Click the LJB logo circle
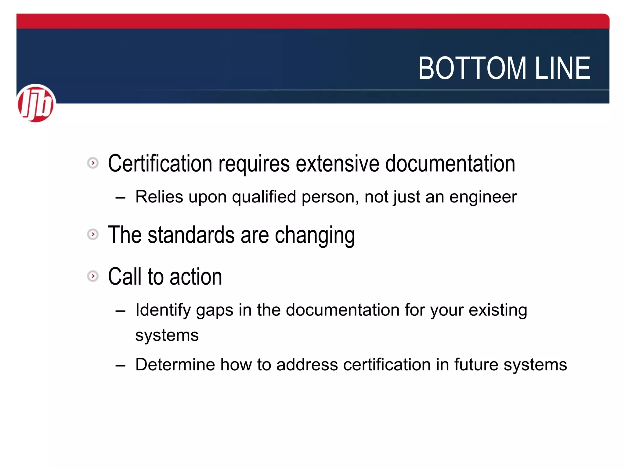coord(36,103)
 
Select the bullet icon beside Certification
coord(93,163)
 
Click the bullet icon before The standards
coord(93,234)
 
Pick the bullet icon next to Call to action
coord(93,276)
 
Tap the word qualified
coord(264,197)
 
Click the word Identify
coord(163,310)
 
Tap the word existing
coord(498,310)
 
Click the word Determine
coord(175,365)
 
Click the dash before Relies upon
coord(121,198)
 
